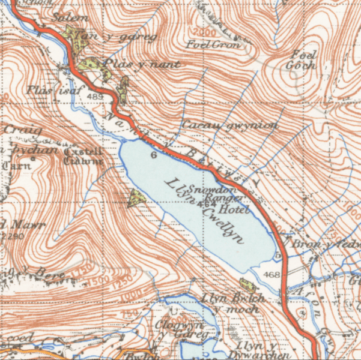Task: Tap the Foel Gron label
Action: coord(213,44)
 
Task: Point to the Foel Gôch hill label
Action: coord(301,59)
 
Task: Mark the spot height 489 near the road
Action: coord(96,96)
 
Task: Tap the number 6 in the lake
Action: coord(153,155)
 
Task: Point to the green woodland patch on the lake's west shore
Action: coord(138,197)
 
